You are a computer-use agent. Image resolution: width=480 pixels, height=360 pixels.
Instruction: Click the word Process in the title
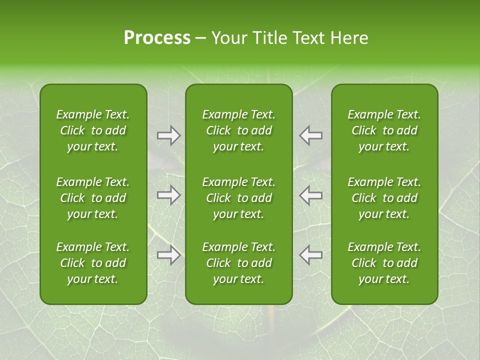click(157, 38)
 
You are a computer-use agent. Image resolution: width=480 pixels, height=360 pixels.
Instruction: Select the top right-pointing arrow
click(168, 135)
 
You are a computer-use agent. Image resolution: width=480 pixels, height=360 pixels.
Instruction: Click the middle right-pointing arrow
click(168, 195)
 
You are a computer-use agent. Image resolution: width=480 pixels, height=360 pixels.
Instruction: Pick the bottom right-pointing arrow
click(168, 255)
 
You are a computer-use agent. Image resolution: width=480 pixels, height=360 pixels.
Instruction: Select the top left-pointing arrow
click(311, 135)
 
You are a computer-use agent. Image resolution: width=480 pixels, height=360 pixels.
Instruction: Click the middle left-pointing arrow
click(311, 195)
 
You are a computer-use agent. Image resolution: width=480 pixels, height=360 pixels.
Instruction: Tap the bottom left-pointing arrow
click(311, 255)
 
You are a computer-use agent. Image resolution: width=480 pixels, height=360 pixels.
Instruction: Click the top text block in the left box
click(93, 130)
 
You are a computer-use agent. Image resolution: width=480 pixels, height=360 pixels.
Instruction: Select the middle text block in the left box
click(93, 198)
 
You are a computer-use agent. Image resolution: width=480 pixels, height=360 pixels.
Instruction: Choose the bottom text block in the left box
click(93, 263)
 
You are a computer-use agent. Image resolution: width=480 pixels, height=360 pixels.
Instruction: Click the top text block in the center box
click(238, 130)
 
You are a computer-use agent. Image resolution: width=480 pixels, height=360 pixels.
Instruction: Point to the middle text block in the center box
click(238, 198)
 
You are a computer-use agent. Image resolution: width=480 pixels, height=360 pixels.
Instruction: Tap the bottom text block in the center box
click(238, 263)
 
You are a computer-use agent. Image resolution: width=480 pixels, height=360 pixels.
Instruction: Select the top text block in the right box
click(384, 130)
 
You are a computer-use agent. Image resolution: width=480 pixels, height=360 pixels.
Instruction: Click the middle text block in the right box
click(384, 198)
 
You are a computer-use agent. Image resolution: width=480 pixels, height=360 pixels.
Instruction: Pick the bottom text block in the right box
click(384, 263)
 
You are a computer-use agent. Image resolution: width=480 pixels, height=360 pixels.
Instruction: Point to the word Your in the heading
click(228, 38)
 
